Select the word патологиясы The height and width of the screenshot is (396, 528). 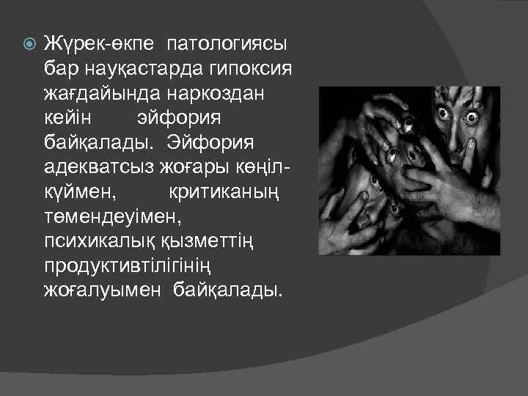click(x=227, y=44)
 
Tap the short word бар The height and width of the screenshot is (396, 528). click(x=59, y=69)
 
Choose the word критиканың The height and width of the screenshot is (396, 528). click(x=224, y=193)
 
